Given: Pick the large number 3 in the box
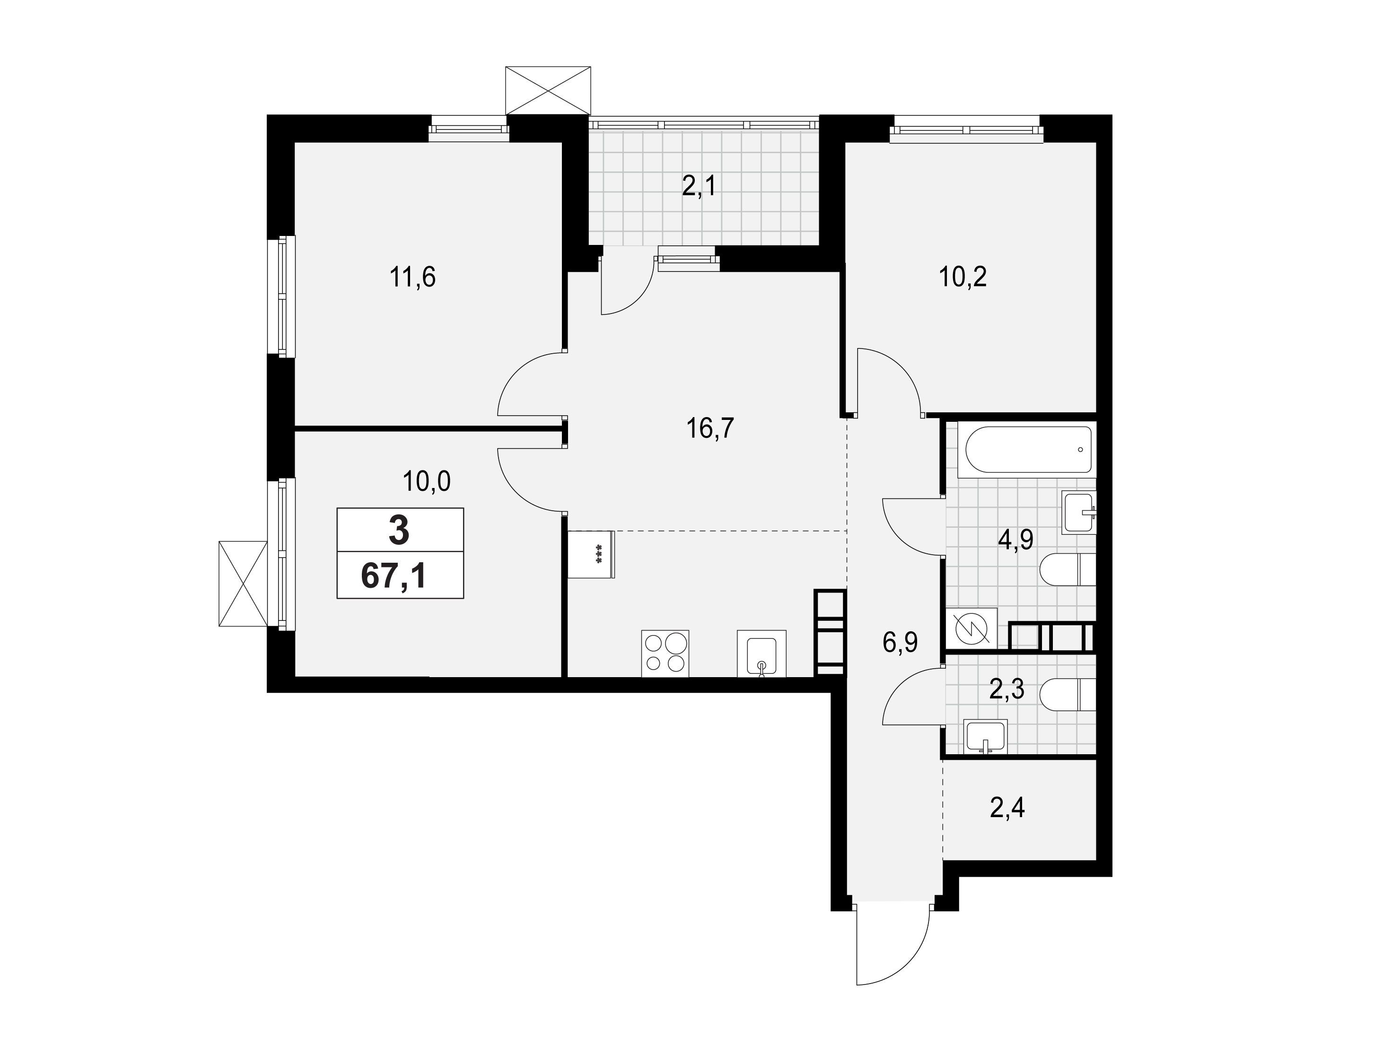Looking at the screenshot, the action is click(399, 530).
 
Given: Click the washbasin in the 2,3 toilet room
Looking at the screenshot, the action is click(986, 738).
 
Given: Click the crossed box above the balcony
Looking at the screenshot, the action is click(548, 90).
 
